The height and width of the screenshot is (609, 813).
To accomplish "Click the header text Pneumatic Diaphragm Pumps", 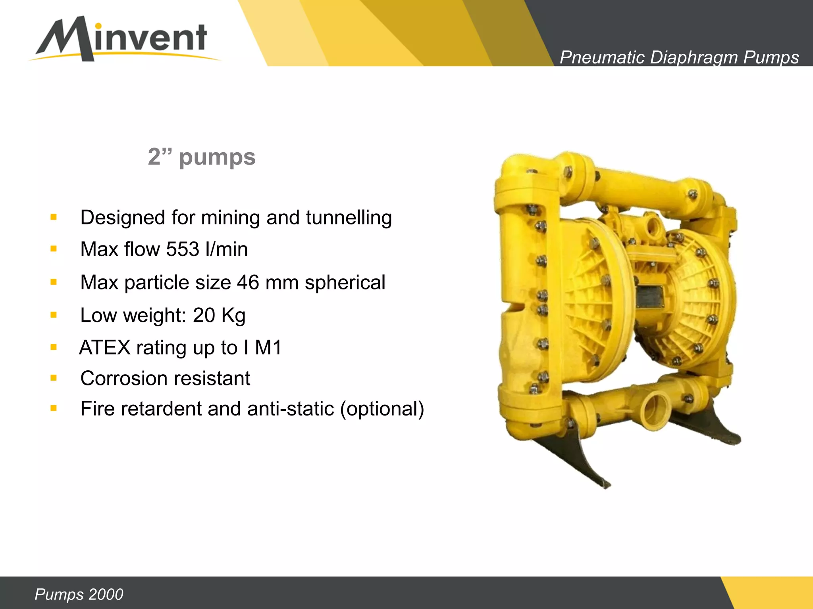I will click(x=679, y=57).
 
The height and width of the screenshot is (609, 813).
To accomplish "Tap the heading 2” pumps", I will click(x=202, y=157).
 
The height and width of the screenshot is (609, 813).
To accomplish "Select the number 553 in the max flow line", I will click(x=183, y=249).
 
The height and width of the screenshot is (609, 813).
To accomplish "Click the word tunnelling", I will click(x=349, y=218).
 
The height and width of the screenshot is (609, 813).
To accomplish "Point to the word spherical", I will click(x=345, y=283).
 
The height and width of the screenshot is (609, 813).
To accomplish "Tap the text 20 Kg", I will click(x=219, y=316).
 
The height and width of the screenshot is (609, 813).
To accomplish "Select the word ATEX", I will click(x=105, y=348).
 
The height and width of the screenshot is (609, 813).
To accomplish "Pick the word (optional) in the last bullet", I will click(x=382, y=409).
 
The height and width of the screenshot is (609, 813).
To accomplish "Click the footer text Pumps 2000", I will click(x=79, y=594).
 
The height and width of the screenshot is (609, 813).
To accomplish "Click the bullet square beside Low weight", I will click(x=54, y=315).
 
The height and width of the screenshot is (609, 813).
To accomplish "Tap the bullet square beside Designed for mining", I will click(x=54, y=217).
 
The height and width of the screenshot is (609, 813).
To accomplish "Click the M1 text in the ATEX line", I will click(x=268, y=348).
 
